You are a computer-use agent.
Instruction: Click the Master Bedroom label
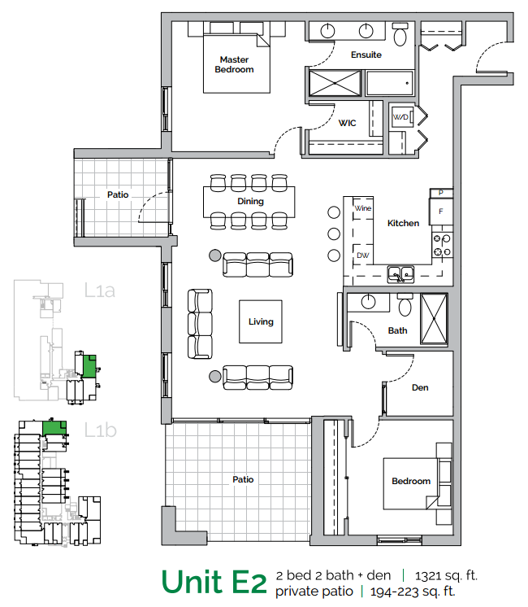(x=234, y=64)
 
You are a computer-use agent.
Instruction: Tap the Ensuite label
(x=366, y=55)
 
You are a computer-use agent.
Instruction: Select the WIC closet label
(x=348, y=123)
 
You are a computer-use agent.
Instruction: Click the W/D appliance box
(x=401, y=118)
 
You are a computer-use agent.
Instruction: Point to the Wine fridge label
(x=362, y=208)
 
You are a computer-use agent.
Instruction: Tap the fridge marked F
(x=440, y=211)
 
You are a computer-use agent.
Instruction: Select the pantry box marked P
(x=440, y=193)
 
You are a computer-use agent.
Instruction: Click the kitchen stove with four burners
(x=442, y=246)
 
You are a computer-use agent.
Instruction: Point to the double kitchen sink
(x=400, y=273)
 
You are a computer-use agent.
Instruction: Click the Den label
(x=420, y=387)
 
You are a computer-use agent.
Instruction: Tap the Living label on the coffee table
(x=261, y=321)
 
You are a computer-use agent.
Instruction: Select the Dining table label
(x=250, y=201)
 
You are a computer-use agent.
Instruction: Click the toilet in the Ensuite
(x=400, y=35)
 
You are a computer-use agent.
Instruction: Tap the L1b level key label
(x=101, y=430)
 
